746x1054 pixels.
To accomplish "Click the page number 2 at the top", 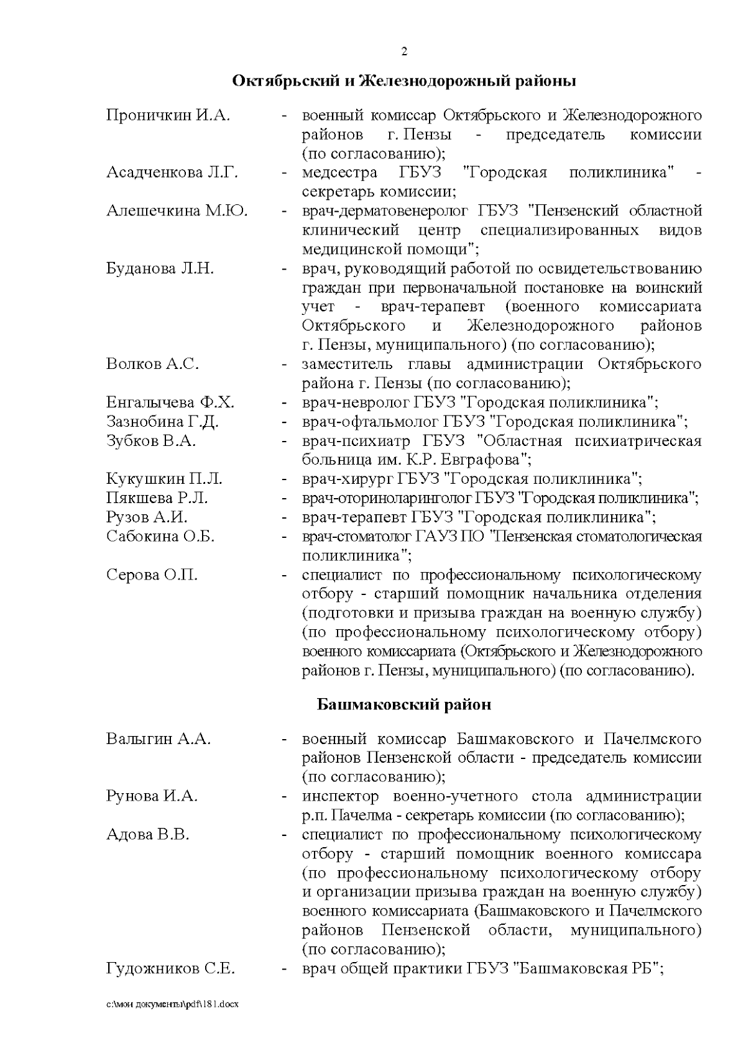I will [x=404, y=52].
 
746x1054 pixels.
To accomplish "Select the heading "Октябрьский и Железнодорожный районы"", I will [x=404, y=81].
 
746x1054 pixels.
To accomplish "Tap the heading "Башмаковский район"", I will [x=404, y=704].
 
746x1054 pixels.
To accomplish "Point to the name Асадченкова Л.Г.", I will [x=172, y=173].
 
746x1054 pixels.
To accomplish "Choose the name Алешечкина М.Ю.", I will [x=177, y=211].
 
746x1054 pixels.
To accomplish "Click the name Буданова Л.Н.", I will [x=160, y=269].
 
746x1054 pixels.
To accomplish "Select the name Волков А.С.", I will [x=153, y=364].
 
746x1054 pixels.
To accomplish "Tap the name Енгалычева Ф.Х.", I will [x=170, y=402].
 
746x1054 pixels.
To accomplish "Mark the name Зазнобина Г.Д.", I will [x=162, y=422].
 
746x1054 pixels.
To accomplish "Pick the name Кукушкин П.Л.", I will [x=164, y=479].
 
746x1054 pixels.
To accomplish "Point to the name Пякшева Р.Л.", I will [x=157, y=498].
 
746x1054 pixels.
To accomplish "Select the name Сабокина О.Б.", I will [x=160, y=537].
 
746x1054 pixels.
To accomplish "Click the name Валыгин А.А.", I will [x=159, y=739].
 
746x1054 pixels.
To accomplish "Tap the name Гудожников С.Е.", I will [x=170, y=968].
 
